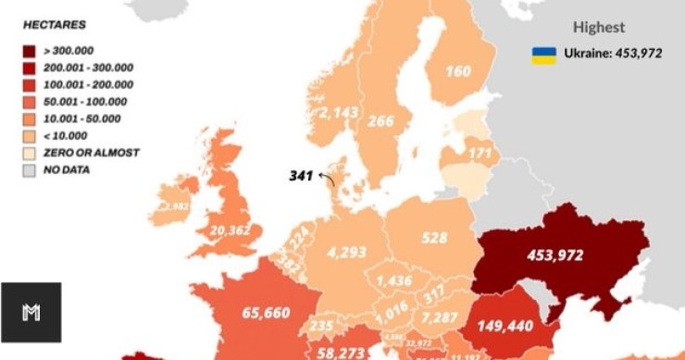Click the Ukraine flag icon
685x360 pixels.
[x=543, y=55]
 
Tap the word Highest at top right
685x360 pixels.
[x=599, y=28]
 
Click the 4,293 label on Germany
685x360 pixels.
[x=347, y=251]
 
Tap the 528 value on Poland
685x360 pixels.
[x=435, y=239]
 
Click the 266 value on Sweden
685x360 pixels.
[x=380, y=120]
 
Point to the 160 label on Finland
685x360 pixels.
[x=457, y=71]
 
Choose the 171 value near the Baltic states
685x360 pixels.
[x=479, y=151]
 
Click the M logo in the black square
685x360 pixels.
[x=31, y=313]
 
